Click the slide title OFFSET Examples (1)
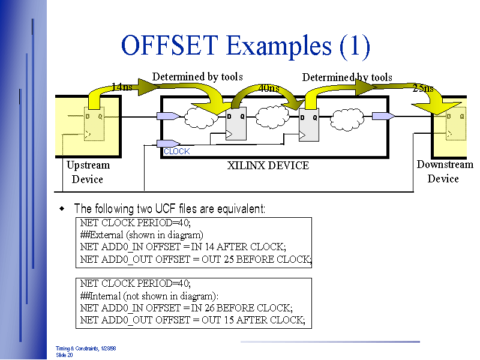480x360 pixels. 245,46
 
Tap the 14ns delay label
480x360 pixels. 122,88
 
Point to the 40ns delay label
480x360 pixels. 268,89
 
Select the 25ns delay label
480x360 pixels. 423,89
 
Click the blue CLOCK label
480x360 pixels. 176,152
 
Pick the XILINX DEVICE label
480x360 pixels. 268,166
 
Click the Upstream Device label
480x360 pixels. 88,172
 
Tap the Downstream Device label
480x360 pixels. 445,172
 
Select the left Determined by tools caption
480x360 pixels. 197,77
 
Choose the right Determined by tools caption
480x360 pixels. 347,77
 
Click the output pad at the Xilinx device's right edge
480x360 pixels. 383,116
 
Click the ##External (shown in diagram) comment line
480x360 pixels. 142,235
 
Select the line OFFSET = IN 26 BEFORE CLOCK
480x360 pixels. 186,308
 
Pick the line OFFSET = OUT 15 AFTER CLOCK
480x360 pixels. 192,320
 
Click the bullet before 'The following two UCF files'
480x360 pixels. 61,209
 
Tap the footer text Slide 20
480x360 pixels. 65,355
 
